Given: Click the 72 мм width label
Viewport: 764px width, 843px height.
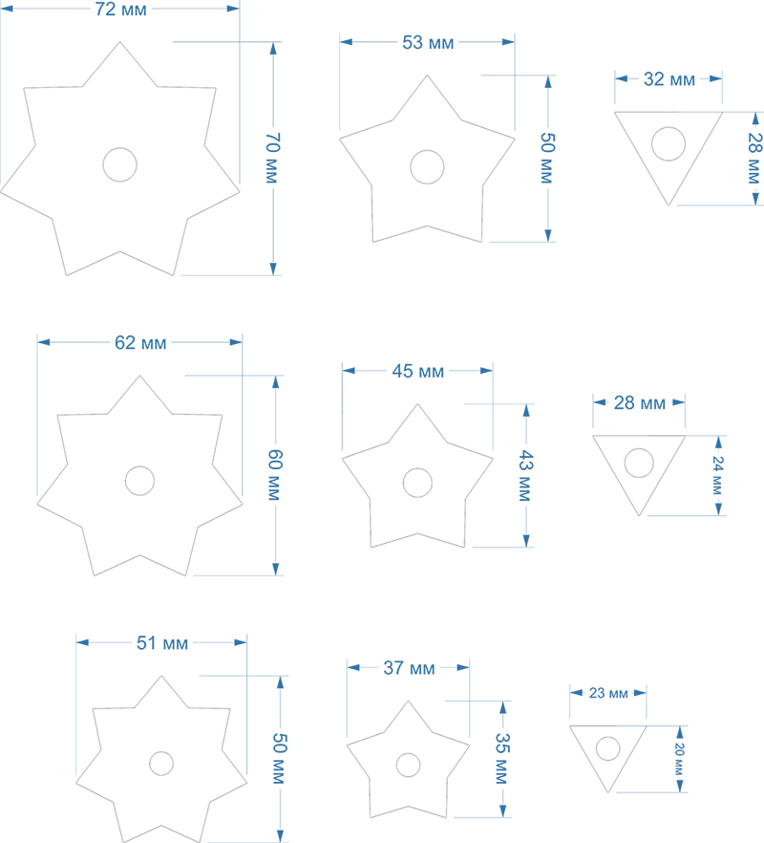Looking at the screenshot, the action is tap(121, 10).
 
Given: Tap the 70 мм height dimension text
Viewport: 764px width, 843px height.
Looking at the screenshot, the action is tap(273, 158).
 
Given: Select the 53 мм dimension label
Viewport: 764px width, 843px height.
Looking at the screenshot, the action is tap(428, 42).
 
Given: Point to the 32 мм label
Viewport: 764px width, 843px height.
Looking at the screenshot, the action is tap(669, 79).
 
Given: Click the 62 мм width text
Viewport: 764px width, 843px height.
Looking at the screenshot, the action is tap(140, 342).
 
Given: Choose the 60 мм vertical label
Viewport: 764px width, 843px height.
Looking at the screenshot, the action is tap(275, 475).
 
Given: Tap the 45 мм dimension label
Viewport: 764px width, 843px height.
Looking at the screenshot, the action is tap(418, 371).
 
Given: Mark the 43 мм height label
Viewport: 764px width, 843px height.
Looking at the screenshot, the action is tap(525, 476).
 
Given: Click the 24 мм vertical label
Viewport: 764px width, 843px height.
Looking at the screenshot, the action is tap(718, 475).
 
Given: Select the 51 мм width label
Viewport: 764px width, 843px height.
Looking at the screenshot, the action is tap(162, 643).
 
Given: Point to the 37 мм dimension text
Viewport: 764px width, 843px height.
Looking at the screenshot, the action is tap(409, 668).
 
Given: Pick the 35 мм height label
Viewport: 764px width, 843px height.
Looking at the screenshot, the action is tap(502, 759).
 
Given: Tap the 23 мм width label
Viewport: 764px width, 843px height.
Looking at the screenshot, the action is tap(608, 693).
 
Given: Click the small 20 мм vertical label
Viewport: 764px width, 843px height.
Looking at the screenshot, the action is tap(680, 759).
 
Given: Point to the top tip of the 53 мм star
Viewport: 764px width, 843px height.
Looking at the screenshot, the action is tap(427, 76).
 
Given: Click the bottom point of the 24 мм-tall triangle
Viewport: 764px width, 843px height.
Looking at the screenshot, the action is tap(639, 515).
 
